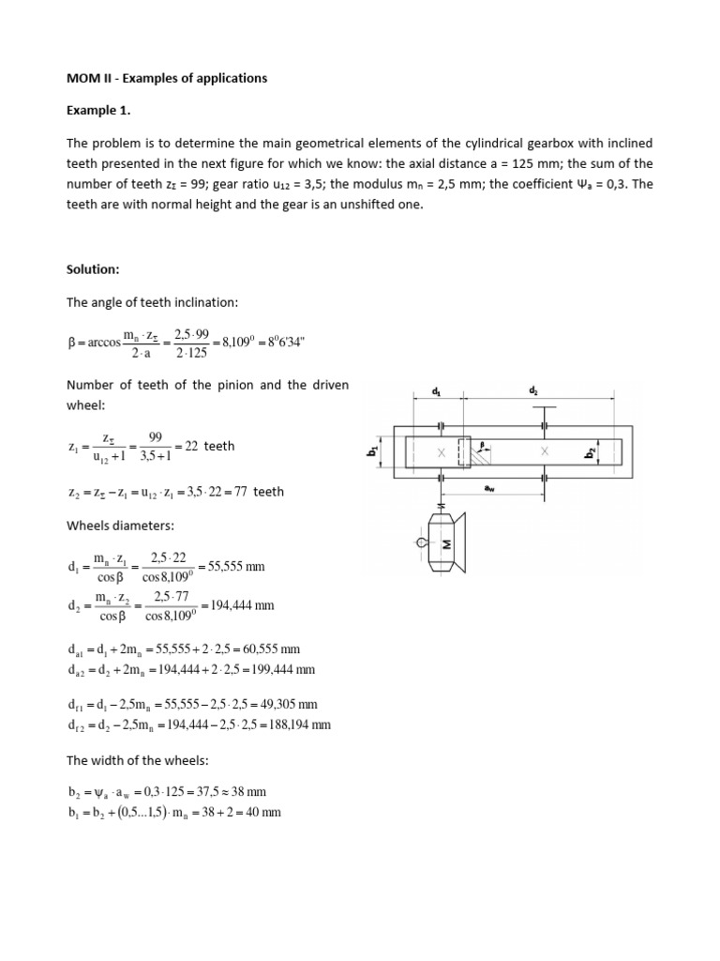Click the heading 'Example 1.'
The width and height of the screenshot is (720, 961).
(x=98, y=111)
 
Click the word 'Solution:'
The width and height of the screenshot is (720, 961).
(x=94, y=269)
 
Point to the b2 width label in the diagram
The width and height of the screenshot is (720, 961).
(x=591, y=453)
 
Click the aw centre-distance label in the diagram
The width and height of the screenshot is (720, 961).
(x=489, y=488)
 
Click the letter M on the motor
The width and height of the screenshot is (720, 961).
(x=446, y=544)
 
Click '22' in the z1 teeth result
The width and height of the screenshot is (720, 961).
(x=191, y=447)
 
